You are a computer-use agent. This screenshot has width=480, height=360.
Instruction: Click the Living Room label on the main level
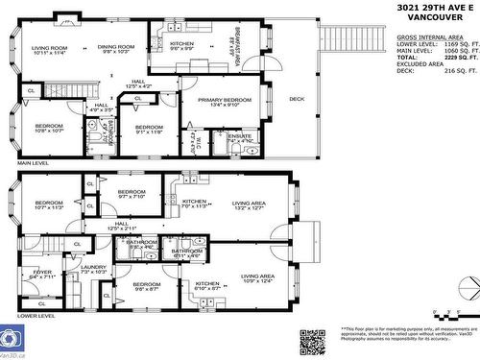(49, 50)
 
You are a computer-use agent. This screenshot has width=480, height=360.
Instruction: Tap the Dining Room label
(116, 50)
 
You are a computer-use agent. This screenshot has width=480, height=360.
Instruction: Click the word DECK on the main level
(297, 99)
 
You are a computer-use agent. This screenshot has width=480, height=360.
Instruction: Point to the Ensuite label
(240, 139)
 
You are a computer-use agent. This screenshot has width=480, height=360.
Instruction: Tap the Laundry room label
(93, 270)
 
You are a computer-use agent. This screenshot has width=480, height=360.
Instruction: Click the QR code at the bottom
(313, 341)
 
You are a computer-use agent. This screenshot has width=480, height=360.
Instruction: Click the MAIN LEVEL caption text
(33, 164)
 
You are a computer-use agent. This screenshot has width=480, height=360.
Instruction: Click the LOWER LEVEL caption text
(36, 314)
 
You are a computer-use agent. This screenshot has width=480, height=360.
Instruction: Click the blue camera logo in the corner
(12, 339)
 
